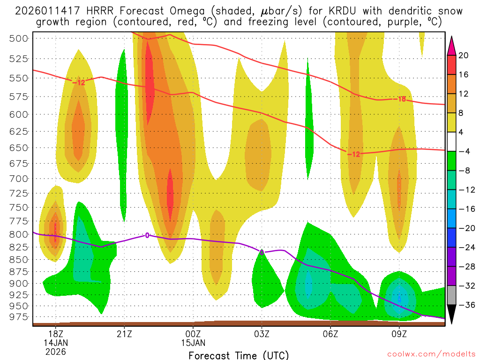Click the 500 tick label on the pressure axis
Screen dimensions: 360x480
(19, 38)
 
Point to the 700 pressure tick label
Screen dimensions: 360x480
(19, 179)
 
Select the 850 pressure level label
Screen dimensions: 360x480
(19, 259)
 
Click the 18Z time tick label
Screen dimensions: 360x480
(56, 334)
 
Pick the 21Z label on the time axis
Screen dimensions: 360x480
(124, 334)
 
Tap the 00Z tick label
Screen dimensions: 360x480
(193, 334)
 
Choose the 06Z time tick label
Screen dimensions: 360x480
(330, 334)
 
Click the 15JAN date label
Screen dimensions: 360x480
(193, 343)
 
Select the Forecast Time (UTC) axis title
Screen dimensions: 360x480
(239, 355)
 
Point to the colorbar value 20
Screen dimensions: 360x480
(464, 55)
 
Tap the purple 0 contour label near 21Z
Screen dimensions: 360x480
(147, 235)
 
